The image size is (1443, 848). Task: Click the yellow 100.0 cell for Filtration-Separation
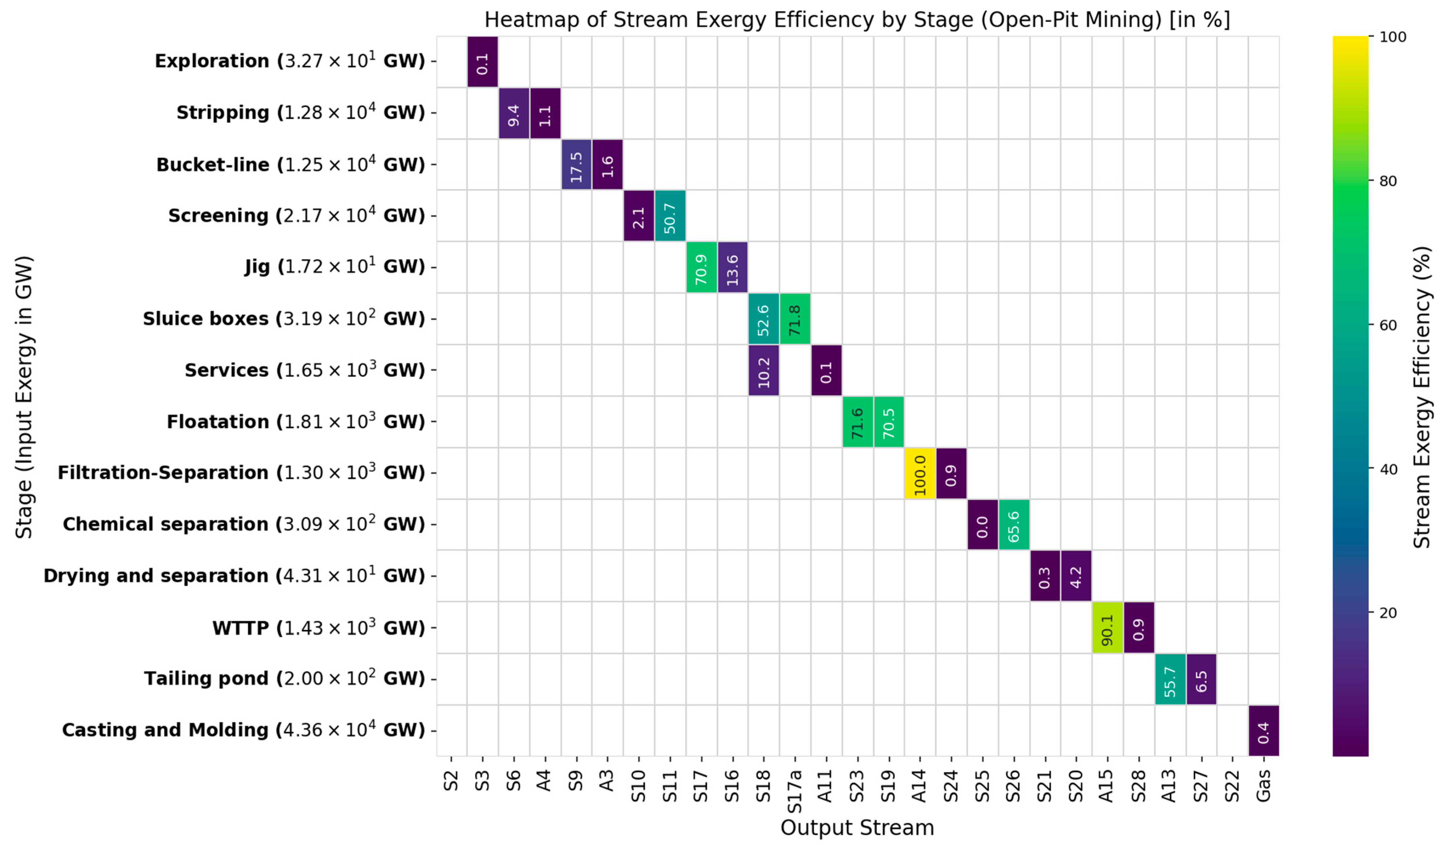(920, 473)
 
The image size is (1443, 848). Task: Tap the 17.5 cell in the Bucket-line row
(576, 164)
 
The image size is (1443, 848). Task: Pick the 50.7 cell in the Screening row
(670, 216)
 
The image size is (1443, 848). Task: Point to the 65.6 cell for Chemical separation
(1014, 525)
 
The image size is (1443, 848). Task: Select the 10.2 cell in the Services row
(763, 370)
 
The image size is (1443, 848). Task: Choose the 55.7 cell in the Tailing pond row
(1170, 679)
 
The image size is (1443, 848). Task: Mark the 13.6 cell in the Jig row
(732, 267)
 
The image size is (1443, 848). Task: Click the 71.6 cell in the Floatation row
(857, 422)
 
